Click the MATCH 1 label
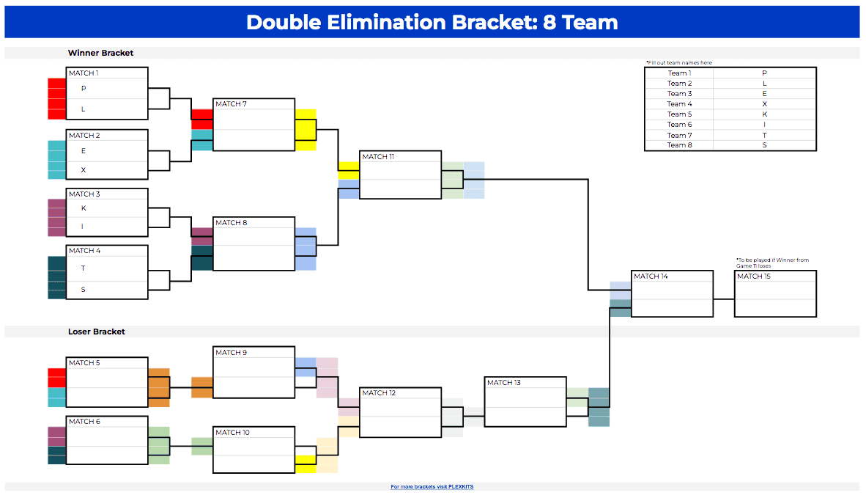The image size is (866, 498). click(83, 73)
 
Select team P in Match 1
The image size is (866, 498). click(84, 88)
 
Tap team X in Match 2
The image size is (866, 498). click(84, 170)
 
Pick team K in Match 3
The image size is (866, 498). click(84, 208)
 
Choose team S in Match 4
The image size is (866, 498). click(84, 290)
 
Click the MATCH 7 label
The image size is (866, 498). click(231, 104)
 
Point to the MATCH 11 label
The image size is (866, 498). click(379, 157)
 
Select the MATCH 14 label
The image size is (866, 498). click(651, 277)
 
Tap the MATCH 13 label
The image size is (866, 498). click(503, 383)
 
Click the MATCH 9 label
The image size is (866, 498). click(231, 353)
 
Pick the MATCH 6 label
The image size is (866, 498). click(84, 422)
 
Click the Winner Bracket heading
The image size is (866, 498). click(100, 53)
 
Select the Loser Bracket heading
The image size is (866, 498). click(97, 332)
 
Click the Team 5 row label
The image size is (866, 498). click(679, 114)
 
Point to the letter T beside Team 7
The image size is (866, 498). click(764, 135)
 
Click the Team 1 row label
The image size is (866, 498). click(678, 73)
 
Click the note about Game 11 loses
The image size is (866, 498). click(771, 263)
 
